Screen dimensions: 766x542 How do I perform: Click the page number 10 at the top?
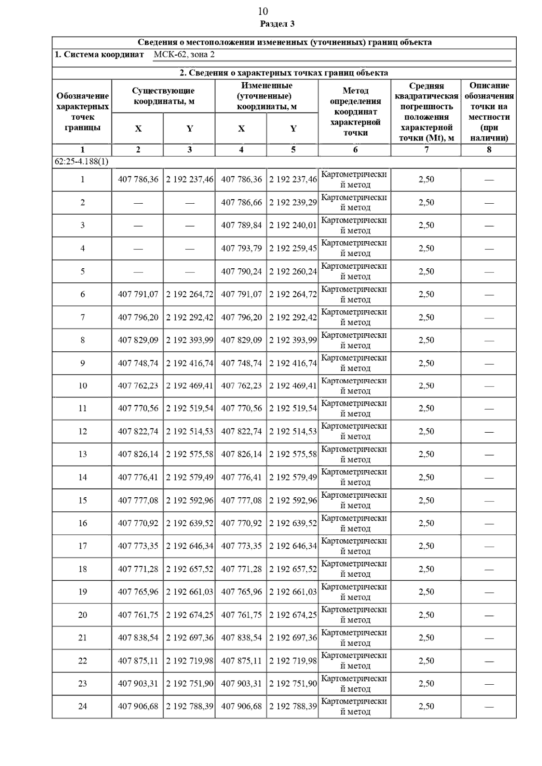[x=263, y=11]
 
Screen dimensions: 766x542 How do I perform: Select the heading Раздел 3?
[x=277, y=24]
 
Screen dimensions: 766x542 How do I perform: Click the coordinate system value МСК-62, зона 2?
[x=184, y=55]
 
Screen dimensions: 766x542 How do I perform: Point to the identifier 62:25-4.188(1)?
[x=82, y=161]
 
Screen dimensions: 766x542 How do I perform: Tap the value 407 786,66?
[x=241, y=203]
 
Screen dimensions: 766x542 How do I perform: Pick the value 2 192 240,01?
[x=293, y=225]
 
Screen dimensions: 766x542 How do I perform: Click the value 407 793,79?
[x=241, y=248]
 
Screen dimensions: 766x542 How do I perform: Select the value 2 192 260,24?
[x=293, y=271]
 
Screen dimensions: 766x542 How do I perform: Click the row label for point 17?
[x=83, y=546]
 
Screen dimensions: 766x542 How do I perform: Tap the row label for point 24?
[x=83, y=706]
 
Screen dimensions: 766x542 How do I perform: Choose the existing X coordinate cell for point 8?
[x=138, y=340]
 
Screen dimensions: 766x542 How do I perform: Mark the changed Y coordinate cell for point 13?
[x=293, y=454]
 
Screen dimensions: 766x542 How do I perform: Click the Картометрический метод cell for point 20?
[x=354, y=615]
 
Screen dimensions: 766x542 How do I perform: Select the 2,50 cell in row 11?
[x=426, y=408]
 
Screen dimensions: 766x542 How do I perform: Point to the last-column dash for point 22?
[x=489, y=661]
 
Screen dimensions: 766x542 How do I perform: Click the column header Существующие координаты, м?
[x=163, y=96]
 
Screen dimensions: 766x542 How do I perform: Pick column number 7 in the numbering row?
[x=426, y=149]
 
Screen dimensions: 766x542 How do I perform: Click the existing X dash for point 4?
[x=138, y=248]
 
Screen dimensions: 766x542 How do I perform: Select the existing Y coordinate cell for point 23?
[x=190, y=684]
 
